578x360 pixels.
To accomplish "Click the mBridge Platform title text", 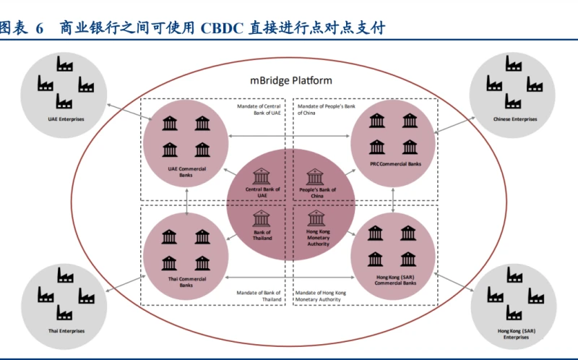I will coord(286,80).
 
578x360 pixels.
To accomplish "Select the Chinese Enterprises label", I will coord(515,119).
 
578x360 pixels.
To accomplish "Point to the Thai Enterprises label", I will coord(66,331).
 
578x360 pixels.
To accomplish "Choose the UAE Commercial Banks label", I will coord(186,172).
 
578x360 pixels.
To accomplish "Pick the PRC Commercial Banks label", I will coord(394,165).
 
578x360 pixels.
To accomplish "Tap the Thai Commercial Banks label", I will coord(186,281).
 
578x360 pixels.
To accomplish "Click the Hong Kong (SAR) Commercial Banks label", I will coord(393,280).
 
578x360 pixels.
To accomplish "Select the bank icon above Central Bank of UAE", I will coord(262,176).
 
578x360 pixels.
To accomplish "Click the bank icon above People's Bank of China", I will coord(315,176).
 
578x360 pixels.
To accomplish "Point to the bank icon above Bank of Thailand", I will coord(262,217).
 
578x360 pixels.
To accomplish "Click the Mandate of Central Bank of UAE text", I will coord(259,110).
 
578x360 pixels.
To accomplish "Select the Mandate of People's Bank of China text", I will coord(322,110).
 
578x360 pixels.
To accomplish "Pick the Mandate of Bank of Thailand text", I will coord(259,295).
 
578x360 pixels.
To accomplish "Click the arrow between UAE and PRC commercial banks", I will coord(290,135).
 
